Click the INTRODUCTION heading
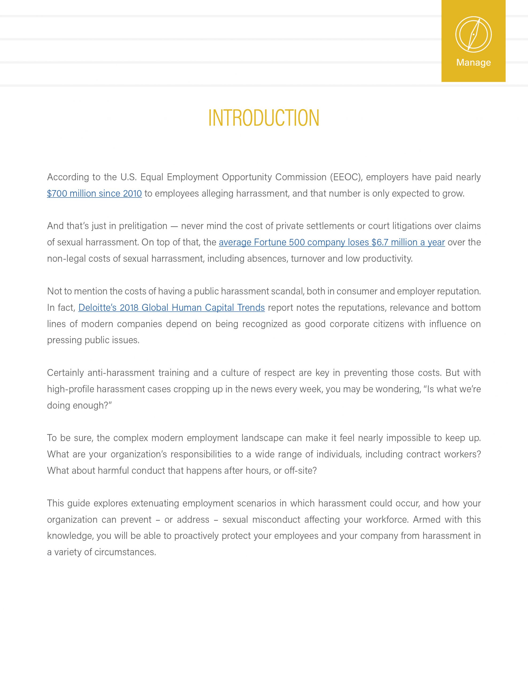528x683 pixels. pyautogui.click(x=263, y=118)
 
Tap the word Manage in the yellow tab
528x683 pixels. pyautogui.click(x=473, y=62)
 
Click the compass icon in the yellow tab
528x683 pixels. pyautogui.click(x=473, y=34)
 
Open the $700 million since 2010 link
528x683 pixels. pyautogui.click(x=94, y=194)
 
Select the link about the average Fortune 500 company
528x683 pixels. pyautogui.click(x=332, y=242)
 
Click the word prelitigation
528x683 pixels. pyautogui.click(x=143, y=226)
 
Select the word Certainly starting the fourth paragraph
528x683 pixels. pyautogui.click(x=65, y=373)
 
